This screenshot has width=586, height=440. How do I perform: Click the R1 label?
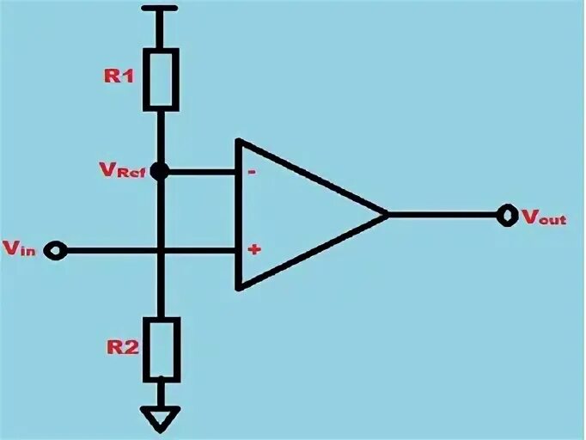coord(119,76)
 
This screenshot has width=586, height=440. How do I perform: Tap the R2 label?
coord(119,347)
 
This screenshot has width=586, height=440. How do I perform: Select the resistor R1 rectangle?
coord(161,79)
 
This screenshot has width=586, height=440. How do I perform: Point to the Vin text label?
coord(20,249)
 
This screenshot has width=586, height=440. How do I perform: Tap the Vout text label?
coord(544,217)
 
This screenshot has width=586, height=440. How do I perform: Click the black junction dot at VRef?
coord(160,171)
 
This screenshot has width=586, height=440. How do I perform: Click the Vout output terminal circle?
coord(507,214)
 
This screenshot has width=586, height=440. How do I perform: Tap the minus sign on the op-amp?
coord(253,171)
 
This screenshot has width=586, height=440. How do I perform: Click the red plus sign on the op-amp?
coord(254,250)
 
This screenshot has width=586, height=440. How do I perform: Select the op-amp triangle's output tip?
coord(386,213)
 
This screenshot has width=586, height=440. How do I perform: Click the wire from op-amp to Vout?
coord(443,213)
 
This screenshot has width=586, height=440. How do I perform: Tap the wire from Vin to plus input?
coord(112,251)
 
